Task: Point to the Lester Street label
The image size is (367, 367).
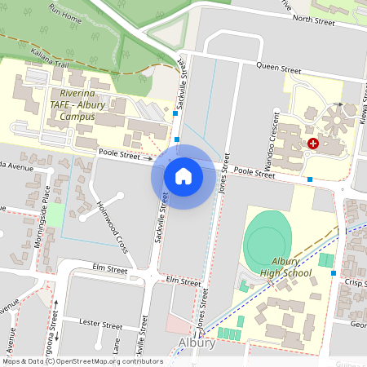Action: coord(99,323)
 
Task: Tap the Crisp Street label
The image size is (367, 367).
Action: coord(356,282)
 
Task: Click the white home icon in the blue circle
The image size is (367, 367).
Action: coord(183,176)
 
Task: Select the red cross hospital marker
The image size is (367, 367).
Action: coord(313,144)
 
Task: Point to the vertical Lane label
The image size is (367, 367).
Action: coord(117,347)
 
